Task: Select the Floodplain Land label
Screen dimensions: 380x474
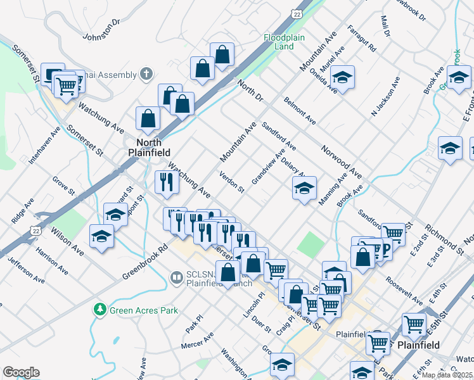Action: (x=279, y=42)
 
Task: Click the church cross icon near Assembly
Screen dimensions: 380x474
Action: (x=146, y=74)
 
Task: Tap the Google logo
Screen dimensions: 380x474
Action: (x=21, y=372)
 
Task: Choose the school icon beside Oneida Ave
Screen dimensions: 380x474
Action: (x=342, y=77)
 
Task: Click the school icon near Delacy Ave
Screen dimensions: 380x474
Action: (x=304, y=189)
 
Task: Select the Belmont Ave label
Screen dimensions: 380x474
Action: (x=300, y=111)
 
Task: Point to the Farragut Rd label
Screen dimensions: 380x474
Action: (x=362, y=39)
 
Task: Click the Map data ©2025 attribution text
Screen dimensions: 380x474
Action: (x=447, y=375)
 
